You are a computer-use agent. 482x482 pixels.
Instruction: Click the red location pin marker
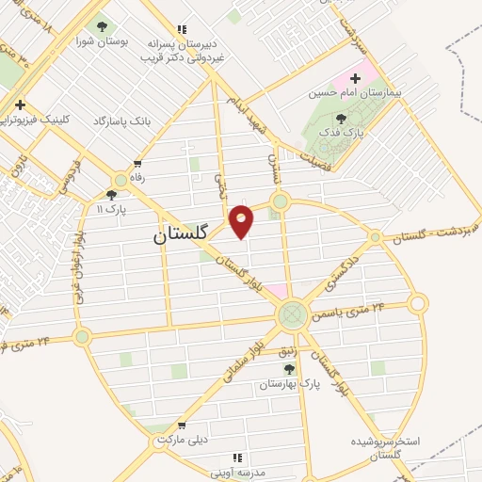pos(242,220)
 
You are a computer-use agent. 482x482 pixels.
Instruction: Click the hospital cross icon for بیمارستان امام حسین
pos(356,79)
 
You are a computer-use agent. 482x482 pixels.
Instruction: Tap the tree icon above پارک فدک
pos(340,119)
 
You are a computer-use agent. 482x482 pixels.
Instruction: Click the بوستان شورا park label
pos(102,42)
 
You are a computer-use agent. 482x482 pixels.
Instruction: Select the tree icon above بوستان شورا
pos(102,27)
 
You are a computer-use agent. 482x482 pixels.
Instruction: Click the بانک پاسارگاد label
pos(123,122)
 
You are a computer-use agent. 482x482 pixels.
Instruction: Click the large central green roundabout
pos(293,313)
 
